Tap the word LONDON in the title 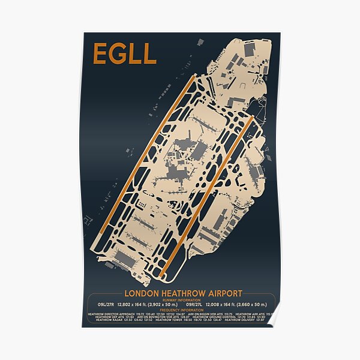coord(142,293)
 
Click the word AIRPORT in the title coord(223,293)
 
